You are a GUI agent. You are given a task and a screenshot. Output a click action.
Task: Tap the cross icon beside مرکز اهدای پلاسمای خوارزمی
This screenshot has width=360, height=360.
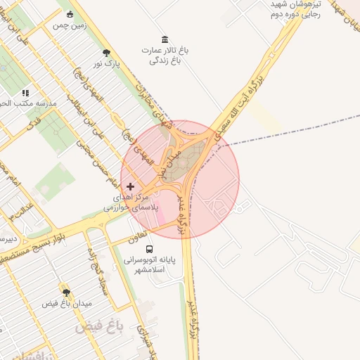130,187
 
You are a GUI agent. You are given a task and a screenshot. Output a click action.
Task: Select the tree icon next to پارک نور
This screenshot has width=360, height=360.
106,53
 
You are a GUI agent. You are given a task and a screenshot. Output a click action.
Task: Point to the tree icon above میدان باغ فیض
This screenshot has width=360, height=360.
66,292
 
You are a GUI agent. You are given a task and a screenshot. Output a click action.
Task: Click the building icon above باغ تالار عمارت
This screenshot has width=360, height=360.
165,39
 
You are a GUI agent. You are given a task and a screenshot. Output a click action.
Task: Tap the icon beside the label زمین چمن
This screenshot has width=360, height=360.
69,14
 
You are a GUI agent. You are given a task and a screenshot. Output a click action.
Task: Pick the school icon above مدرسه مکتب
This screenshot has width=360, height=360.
25,92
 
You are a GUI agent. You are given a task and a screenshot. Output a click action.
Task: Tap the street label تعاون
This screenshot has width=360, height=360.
136,238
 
